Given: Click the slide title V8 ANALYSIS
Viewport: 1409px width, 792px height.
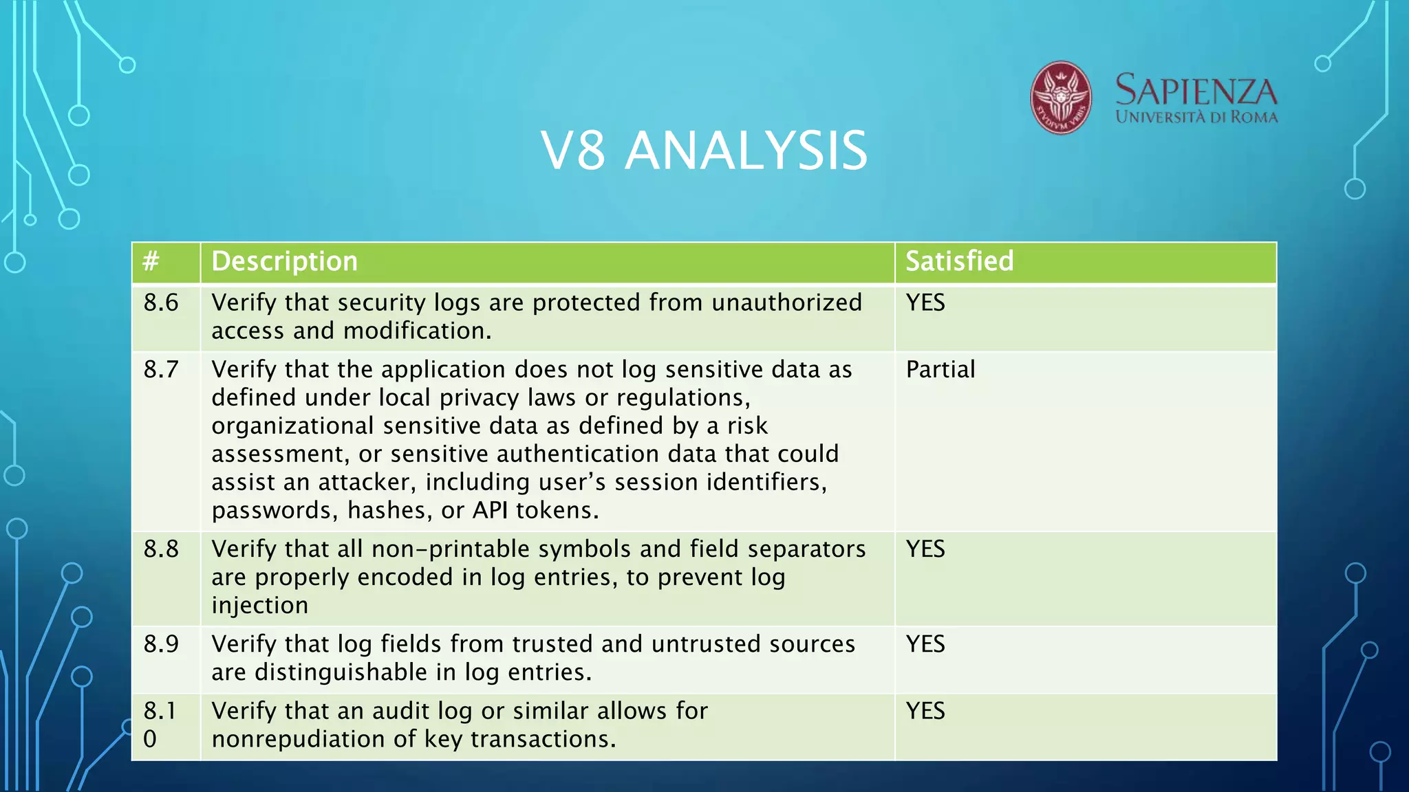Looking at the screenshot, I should [x=704, y=151].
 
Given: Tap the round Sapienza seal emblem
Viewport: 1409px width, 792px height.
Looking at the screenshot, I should [x=1060, y=98].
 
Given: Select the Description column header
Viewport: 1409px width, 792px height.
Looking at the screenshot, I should [x=284, y=261].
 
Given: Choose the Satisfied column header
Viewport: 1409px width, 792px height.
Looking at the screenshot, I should [x=959, y=261].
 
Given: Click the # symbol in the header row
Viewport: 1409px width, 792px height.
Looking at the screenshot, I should [x=151, y=261].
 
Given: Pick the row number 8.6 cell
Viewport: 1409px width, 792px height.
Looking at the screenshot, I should [x=161, y=302].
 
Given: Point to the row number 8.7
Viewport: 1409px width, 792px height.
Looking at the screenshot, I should [x=161, y=369].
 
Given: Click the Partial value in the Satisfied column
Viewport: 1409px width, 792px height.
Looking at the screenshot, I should [x=940, y=369].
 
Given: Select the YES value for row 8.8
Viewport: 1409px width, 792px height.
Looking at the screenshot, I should [x=925, y=549].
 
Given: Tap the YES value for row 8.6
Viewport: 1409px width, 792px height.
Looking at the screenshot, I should [x=925, y=302].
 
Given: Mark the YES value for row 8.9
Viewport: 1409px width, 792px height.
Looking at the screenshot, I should [x=925, y=643].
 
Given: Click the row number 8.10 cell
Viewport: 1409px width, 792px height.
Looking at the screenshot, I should [x=160, y=724].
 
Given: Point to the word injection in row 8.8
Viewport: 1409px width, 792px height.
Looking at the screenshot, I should [x=259, y=605].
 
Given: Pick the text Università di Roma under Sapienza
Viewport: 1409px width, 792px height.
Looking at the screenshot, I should [x=1196, y=117].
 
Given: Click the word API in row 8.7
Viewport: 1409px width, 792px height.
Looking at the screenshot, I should [x=490, y=510].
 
